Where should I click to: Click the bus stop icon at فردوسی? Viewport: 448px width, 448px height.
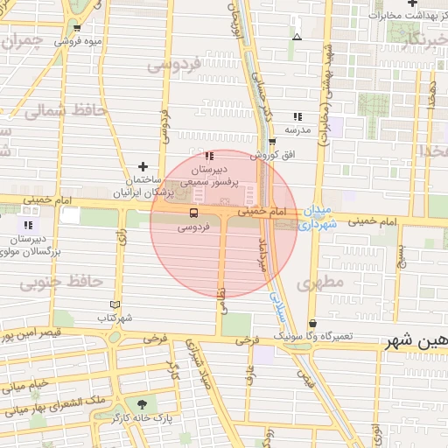[x=193, y=213]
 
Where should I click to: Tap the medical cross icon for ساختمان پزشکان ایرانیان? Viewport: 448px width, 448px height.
[x=143, y=166]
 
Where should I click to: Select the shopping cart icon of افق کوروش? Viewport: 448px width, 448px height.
[x=272, y=141]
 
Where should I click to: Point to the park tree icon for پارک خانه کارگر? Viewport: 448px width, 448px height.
[x=142, y=404]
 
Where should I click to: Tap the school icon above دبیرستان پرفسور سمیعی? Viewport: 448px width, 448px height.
[x=208, y=156]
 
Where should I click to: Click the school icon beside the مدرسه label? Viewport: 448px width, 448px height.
[x=297, y=116]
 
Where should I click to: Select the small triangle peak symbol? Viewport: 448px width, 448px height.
[x=297, y=38]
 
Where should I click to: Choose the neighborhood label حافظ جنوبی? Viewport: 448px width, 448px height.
[x=61, y=282]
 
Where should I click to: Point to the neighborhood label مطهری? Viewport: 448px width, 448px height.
[x=318, y=283]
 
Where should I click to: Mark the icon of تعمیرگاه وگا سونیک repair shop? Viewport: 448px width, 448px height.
[x=313, y=324]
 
